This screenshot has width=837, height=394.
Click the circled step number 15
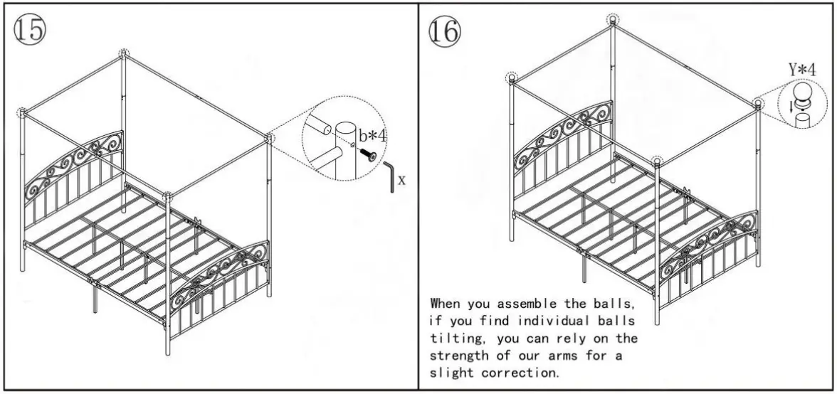pos(28,30)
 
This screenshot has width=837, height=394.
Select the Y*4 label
pos(801,70)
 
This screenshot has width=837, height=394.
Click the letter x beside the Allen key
pos(401,180)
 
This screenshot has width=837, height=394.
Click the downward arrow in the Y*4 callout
pos(790,108)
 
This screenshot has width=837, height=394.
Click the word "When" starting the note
pos(446,303)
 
